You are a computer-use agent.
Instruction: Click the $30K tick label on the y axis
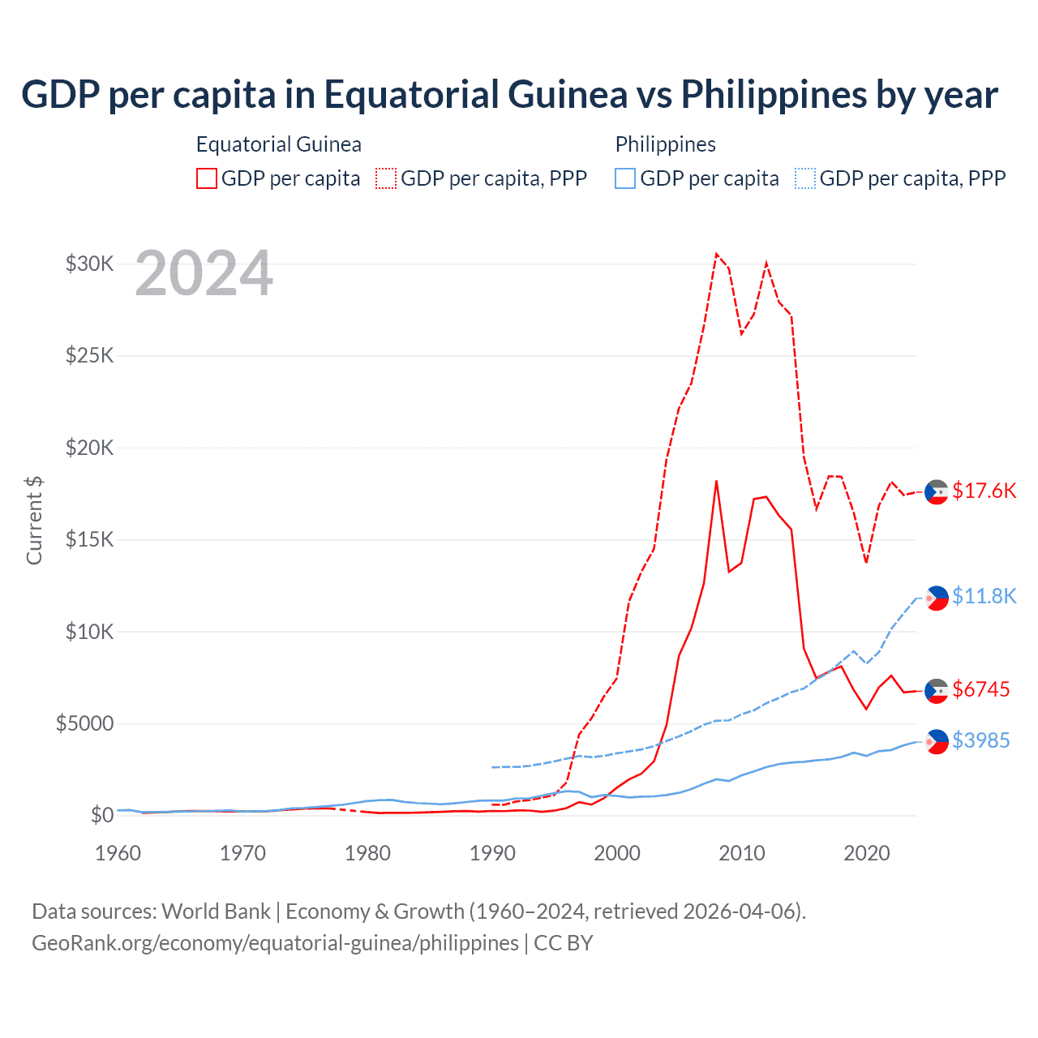click(90, 264)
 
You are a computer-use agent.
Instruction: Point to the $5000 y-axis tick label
click(85, 723)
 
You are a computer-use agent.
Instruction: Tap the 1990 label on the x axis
click(492, 853)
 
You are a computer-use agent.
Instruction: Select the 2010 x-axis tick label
click(742, 853)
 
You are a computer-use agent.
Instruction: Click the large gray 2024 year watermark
click(204, 274)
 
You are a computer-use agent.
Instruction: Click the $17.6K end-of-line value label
click(984, 491)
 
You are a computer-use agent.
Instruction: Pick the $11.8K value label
click(984, 596)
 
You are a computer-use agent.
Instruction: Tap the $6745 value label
click(981, 689)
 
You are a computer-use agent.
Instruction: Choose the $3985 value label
click(981, 740)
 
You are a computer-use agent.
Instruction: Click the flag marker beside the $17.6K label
click(937, 492)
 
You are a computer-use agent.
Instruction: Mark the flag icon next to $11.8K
click(937, 598)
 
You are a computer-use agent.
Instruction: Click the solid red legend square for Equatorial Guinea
click(207, 178)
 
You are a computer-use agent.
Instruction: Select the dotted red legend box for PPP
click(386, 178)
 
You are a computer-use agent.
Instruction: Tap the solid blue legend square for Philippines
click(625, 178)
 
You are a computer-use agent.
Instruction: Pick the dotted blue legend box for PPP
click(805, 178)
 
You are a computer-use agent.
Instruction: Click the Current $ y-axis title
click(34, 521)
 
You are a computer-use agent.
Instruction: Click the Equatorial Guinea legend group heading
click(279, 144)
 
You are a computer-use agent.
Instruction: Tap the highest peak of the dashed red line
click(716, 254)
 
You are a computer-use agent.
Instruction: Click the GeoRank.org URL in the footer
click(275, 943)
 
